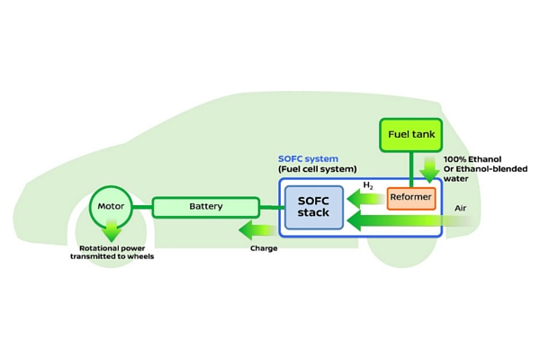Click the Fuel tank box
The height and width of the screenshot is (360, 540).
tap(410, 135)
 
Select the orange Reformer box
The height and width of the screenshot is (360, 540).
tap(411, 197)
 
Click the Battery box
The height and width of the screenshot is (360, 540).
tap(205, 207)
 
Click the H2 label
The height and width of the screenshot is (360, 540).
tap(367, 186)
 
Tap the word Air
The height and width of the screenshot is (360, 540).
tap(461, 207)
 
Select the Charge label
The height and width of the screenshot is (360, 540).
tap(264, 247)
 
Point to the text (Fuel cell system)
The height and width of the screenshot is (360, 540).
tap(318, 169)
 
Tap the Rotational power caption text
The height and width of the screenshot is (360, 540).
tap(112, 251)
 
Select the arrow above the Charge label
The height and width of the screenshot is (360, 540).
tap(263, 230)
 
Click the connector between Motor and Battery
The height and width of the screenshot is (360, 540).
tap(144, 208)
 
